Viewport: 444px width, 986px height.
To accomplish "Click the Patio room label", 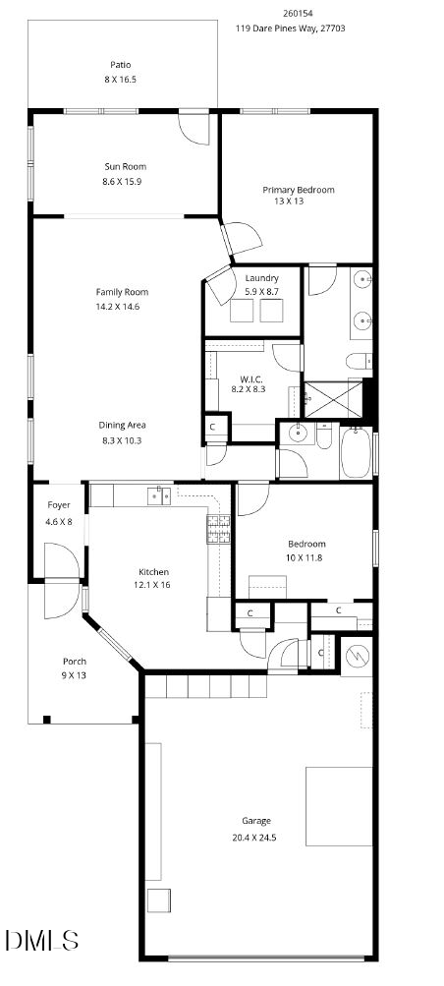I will pos(120,65).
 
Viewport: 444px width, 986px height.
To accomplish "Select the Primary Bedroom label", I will pos(298,189).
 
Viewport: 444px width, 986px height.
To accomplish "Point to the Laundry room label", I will pos(261,278).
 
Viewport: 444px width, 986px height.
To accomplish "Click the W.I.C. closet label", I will pos(250,378).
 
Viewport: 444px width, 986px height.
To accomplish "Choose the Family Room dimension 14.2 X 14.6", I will pos(122,306).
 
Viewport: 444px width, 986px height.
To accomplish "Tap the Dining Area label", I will pos(122,425).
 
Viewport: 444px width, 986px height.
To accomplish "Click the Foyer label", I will pos(59,505).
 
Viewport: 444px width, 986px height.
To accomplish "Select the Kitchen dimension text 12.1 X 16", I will pos(153,584).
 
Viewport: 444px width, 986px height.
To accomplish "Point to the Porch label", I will pos(75,662).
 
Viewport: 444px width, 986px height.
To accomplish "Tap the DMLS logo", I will pos(41,940).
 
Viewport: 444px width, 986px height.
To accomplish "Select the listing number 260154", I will pos(298,14).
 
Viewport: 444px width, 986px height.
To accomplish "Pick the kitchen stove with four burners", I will pos(218,531).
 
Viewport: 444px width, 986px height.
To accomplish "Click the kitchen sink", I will pos(159,495).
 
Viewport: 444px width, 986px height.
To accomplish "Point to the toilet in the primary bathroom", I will pos(359,361).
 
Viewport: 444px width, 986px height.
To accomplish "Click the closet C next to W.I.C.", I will pos(213,427).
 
